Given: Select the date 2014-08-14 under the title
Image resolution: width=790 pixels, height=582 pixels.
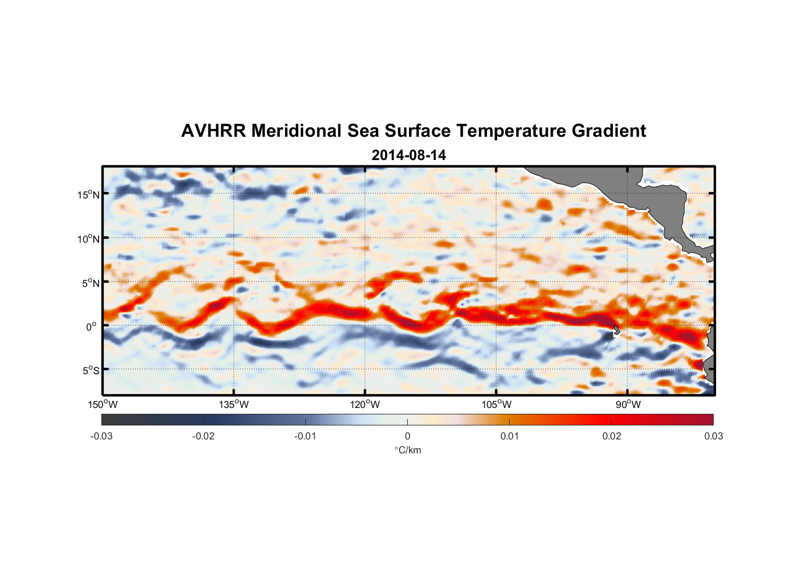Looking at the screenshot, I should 408,155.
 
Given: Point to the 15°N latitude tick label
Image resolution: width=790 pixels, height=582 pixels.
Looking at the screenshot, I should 89,194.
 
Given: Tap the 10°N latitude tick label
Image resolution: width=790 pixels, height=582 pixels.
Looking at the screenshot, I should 89,239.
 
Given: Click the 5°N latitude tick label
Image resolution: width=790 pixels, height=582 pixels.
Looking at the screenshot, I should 90,283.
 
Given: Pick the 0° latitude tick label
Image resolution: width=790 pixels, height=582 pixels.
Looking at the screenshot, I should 92,327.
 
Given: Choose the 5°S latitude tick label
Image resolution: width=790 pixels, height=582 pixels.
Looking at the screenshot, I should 90,370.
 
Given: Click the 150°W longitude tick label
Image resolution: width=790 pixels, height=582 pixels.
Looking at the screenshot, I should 103,404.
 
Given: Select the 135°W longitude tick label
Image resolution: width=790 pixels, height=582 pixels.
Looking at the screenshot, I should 234,404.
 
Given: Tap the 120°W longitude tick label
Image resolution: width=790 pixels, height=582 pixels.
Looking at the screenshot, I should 365,404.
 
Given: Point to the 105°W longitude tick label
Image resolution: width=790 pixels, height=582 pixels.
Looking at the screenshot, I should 496,404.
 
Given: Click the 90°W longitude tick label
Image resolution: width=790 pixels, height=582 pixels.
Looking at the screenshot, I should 628,404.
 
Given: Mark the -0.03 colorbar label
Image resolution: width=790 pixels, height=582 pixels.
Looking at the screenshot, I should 101,436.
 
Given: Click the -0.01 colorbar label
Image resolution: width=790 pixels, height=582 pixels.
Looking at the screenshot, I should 305,436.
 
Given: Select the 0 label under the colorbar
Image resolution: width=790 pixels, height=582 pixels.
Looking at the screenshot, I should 407,436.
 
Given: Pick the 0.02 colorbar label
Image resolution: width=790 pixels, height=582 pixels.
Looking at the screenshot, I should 612,436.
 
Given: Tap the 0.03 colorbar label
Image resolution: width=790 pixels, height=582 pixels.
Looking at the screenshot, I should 713,436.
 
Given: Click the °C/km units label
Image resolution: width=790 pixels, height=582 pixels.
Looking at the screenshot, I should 408,450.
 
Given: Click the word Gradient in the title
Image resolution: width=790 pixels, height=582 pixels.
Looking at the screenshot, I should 609,131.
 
